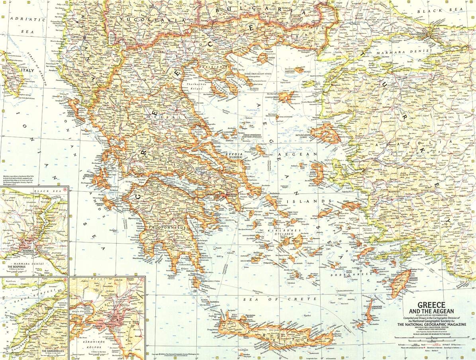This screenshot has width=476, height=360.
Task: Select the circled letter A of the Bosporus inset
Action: coord(65,189)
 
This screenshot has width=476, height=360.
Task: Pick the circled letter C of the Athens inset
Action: coord(142,280)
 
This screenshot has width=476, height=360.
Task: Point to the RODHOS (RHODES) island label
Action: coord(407,279)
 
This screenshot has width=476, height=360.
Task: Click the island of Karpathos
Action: coord(369,313)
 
